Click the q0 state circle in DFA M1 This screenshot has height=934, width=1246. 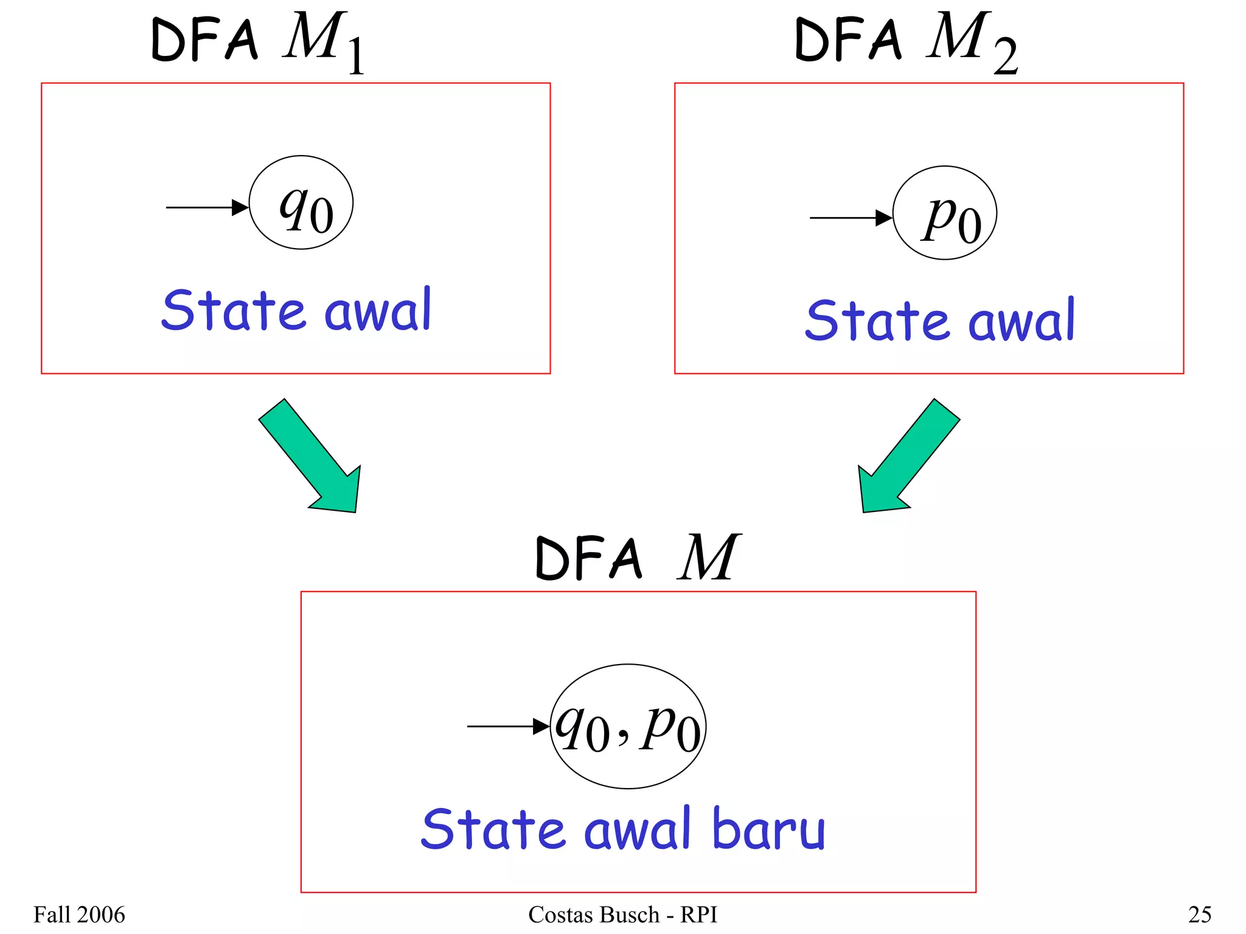coord(301,202)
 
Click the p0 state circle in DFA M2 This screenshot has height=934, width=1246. coord(944,213)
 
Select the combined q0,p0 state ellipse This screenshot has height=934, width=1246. coord(628,726)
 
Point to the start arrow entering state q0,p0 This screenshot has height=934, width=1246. coord(507,726)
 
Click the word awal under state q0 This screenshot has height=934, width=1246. coord(377,310)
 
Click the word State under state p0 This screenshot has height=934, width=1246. coord(877,320)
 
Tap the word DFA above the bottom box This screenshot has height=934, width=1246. coord(588,558)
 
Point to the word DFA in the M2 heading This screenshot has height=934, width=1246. coord(848,40)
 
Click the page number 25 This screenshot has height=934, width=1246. coord(1199,915)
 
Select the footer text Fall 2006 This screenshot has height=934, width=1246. coord(79,915)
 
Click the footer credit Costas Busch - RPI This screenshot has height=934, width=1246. coord(622,915)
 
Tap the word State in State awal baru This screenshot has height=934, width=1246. coord(493,829)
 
